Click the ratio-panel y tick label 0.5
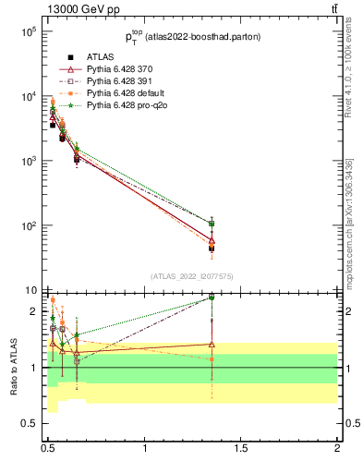click(28, 423)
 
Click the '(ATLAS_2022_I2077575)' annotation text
click(191, 276)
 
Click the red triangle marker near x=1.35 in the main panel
click(212, 240)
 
